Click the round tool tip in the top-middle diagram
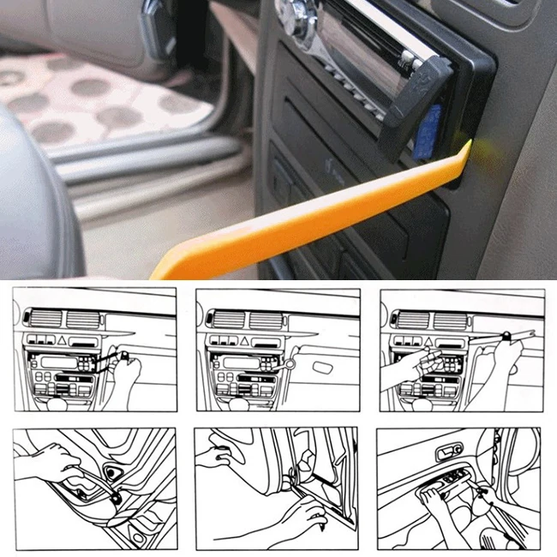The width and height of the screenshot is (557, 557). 290,364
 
